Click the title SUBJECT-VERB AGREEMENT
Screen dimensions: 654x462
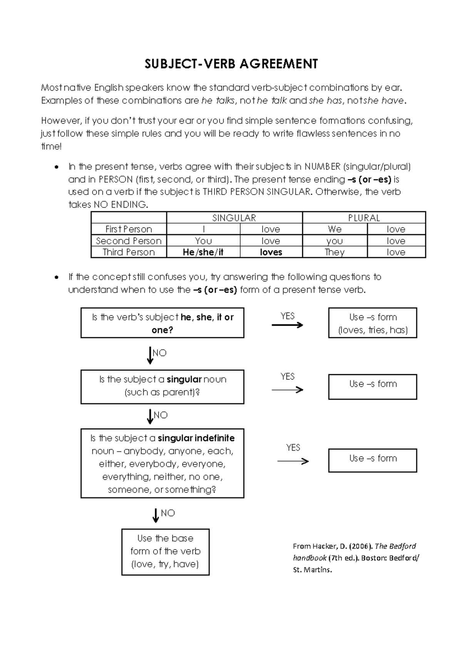point(231,64)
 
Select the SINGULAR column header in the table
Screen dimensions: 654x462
point(234,218)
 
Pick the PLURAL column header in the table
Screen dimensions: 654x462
point(364,218)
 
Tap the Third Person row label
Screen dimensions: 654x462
point(129,252)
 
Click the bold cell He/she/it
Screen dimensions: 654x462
point(203,252)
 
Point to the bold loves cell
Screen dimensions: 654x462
point(271,252)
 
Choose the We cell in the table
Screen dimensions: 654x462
point(335,229)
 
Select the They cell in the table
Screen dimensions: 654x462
point(335,252)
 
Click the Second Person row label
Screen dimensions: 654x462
point(129,241)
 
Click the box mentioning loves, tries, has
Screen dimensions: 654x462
point(372,323)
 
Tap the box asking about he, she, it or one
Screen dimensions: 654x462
point(162,323)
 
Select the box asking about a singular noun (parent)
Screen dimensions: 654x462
point(162,386)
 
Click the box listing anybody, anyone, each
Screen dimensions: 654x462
point(162,463)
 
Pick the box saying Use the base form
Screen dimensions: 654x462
point(165,551)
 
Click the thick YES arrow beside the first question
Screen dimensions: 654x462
point(287,325)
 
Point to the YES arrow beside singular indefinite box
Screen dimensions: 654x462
point(293,461)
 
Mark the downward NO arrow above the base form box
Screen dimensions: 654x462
point(156,515)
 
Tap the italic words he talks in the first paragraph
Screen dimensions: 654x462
point(218,101)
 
